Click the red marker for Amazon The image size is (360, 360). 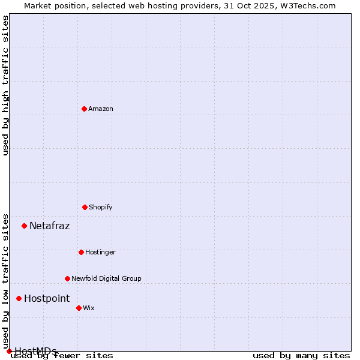(84, 109)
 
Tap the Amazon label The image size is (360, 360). (101, 109)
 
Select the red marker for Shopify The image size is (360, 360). (85, 207)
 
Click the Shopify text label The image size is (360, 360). (101, 207)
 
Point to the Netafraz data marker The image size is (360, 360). (24, 226)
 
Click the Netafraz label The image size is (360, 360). (50, 226)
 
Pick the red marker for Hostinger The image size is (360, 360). (81, 252)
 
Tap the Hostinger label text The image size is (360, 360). (100, 252)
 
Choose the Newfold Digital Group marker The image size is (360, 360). (67, 278)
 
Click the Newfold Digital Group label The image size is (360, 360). (107, 278)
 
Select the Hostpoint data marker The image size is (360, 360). (19, 298)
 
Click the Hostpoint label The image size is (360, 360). (47, 299)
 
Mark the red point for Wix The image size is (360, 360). (79, 308)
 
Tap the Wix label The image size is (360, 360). (89, 308)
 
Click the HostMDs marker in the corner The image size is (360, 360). (9, 351)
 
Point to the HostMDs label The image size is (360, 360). (36, 351)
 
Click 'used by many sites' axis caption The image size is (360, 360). (301, 356)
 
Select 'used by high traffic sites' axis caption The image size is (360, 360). (5, 85)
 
